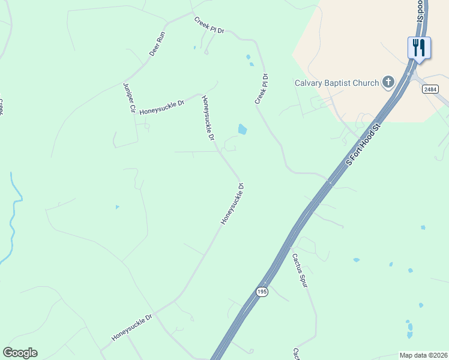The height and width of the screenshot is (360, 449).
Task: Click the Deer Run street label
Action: pyautogui.click(x=158, y=44)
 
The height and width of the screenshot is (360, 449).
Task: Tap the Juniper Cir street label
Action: pyautogui.click(x=128, y=98)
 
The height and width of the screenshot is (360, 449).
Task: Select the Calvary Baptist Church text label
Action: pyautogui.click(x=337, y=83)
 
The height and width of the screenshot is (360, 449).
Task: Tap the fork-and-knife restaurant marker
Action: pyautogui.click(x=419, y=47)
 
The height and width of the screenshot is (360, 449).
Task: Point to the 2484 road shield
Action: pyautogui.click(x=430, y=89)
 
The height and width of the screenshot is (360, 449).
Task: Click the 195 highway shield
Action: pyautogui.click(x=261, y=292)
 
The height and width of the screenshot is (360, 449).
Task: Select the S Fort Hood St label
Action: pyautogui.click(x=364, y=145)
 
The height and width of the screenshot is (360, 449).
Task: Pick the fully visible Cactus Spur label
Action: pyautogui.click(x=300, y=271)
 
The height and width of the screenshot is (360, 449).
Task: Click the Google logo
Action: pyautogui.click(x=20, y=353)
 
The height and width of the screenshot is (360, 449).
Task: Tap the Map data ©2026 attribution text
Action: pyautogui.click(x=423, y=355)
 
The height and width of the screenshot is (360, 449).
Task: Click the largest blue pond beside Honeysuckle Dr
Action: pyautogui.click(x=243, y=129)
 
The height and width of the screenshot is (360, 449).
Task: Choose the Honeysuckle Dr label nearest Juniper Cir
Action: pyautogui.click(x=161, y=108)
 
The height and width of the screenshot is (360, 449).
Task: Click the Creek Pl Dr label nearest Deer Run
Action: pyautogui.click(x=209, y=25)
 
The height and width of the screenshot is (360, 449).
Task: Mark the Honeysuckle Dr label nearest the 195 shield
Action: pyautogui.click(x=232, y=204)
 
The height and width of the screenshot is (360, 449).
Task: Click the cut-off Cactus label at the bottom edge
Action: pyautogui.click(x=295, y=353)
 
